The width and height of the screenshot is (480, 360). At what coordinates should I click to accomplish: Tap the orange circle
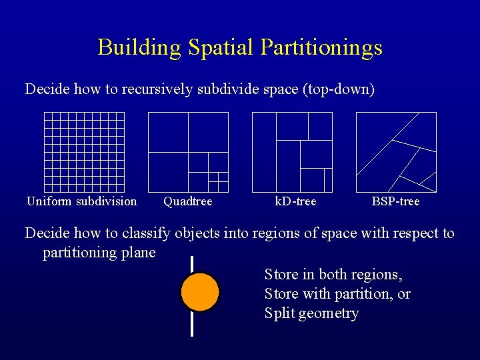pos(200,292)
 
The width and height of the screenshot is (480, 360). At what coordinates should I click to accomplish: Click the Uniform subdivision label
pos(81,201)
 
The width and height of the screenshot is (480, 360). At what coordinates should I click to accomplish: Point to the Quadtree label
pos(188,201)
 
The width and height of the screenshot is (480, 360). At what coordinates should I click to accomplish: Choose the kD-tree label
pos(295,201)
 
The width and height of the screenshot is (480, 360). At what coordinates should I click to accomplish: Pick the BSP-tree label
pos(396,201)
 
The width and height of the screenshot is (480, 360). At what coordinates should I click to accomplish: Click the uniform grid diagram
pos(84,152)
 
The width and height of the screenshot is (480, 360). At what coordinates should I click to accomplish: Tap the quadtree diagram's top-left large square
pos(168,132)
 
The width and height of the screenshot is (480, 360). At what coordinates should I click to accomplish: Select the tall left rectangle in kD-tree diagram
pos(264,152)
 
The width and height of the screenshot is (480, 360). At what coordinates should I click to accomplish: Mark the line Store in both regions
pos(333,275)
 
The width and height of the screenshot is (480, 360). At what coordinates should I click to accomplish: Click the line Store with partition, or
pos(337,294)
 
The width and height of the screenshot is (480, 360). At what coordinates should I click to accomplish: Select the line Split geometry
pos(311,313)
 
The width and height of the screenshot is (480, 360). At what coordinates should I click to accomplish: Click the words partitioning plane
pos(99,253)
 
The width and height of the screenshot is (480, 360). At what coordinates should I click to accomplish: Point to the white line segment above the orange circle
pos(192,264)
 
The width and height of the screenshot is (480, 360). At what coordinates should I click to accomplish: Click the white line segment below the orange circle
pos(192,324)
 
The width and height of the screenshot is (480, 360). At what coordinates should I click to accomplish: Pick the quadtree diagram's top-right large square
pos(208,132)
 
